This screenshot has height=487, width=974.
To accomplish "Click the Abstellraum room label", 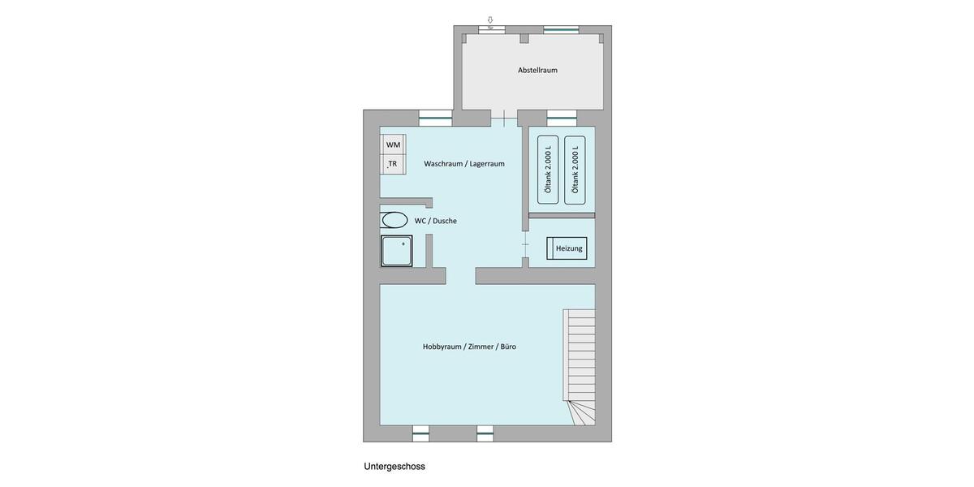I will pos(537,70).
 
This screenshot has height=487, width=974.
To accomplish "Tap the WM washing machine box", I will pos(393,144).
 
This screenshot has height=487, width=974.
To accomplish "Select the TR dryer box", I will pos(393,164).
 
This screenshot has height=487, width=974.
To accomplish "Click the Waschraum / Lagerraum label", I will pos(464,163).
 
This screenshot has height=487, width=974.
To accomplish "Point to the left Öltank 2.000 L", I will pos(548,169).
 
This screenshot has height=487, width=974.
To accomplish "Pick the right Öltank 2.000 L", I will pos(575,169).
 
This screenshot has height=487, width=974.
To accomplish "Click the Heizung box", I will pos(567,248).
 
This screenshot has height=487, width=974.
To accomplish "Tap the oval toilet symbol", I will pos(395,220).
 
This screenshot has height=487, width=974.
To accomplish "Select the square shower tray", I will pos(397,251).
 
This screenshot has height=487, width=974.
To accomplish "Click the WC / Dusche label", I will pos(436,221).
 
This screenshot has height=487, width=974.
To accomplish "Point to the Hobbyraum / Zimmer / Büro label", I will pos(469,347).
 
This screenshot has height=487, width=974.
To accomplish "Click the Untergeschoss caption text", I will pos(394,467).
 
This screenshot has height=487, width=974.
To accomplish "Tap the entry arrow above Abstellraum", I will pos(490,19).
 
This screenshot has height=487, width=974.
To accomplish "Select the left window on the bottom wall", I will pos(420,433).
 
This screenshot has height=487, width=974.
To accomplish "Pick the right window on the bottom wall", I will pos(485,433).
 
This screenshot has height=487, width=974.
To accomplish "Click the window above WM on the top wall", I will pos(435,118).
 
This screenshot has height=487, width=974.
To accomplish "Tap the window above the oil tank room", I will pos(562,118).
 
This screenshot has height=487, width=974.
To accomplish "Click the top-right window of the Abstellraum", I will pos(561,29).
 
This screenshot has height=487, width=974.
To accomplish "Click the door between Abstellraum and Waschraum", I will pos(504,119).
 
